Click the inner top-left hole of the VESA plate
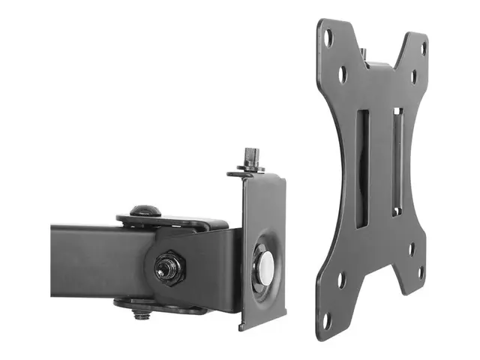pos(343,74)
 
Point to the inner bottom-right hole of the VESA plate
pos(410,248)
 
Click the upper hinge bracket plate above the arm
pos(172,222)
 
